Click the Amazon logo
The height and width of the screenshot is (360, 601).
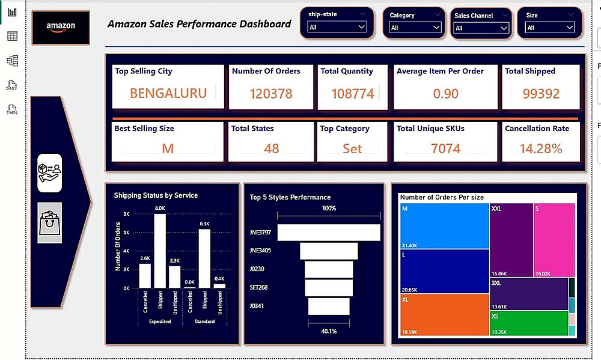tap(61, 27)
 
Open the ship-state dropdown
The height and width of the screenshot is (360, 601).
tap(337, 27)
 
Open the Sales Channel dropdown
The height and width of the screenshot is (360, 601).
tap(481, 28)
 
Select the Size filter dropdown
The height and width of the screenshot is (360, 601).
tap(550, 27)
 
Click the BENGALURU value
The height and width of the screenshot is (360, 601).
tap(168, 93)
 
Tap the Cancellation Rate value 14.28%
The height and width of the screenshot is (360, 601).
tap(541, 148)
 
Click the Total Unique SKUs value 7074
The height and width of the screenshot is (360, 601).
tap(446, 148)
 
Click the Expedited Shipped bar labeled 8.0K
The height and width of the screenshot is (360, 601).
tap(160, 251)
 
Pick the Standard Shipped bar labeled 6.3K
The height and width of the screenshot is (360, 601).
tap(204, 259)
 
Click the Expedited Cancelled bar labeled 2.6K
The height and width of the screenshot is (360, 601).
tap(145, 276)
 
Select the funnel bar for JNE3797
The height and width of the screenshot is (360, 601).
tap(329, 232)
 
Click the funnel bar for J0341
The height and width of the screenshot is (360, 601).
tap(329, 306)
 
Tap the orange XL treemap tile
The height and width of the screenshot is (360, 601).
tap(444, 314)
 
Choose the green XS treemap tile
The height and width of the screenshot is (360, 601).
tap(529, 323)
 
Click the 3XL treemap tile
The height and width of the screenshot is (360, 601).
tap(529, 294)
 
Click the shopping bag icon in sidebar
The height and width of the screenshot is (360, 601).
tap(49, 222)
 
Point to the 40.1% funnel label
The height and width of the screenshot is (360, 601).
tap(329, 331)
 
